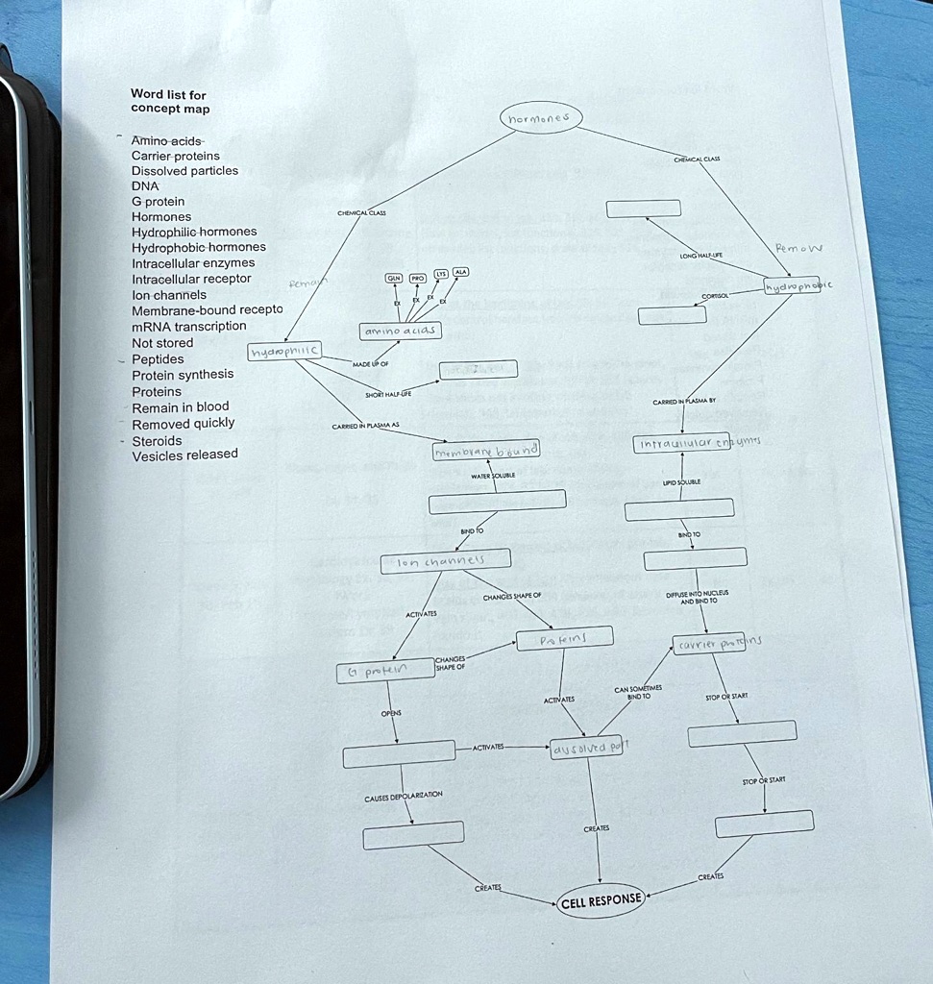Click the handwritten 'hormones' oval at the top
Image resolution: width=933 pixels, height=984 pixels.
click(x=540, y=119)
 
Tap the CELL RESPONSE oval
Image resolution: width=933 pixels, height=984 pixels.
click(x=601, y=900)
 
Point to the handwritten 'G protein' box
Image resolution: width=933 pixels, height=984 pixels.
click(x=384, y=671)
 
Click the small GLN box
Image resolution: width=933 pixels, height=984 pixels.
click(x=394, y=278)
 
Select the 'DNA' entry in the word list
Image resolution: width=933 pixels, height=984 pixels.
click(x=145, y=185)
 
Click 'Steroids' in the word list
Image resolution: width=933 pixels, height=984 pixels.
click(x=157, y=440)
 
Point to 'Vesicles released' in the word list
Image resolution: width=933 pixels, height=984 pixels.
click(x=184, y=455)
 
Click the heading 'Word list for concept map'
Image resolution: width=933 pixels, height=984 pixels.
click(x=169, y=102)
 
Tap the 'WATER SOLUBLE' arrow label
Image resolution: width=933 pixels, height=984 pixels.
click(x=492, y=476)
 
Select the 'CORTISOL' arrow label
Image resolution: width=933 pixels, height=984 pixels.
click(x=718, y=297)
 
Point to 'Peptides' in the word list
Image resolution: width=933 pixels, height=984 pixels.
click(x=158, y=358)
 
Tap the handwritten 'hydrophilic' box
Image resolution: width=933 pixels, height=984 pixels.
click(x=284, y=354)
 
